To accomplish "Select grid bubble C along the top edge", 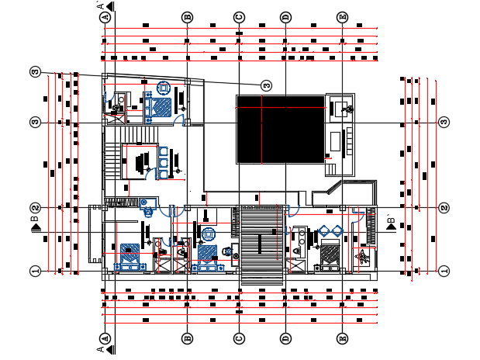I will (x=240, y=16).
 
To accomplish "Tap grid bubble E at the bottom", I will (x=343, y=338).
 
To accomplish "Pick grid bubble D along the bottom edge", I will (x=285, y=338).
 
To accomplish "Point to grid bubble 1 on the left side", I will (x=35, y=271).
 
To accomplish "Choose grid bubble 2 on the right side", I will (x=444, y=208).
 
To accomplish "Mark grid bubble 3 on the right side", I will (x=444, y=123).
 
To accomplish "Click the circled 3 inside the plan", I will (x=266, y=85).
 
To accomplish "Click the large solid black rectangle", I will (x=280, y=129).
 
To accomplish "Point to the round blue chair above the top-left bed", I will (x=164, y=87).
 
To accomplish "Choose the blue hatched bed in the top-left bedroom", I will (x=161, y=106).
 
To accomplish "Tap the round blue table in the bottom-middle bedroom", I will (x=209, y=234).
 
